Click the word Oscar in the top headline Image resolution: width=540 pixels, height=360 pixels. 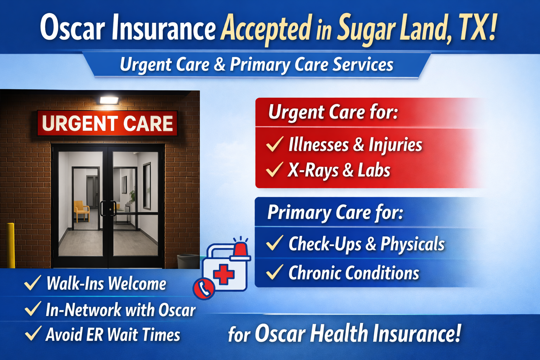click(72, 27)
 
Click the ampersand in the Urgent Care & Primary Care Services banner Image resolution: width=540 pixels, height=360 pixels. click(219, 64)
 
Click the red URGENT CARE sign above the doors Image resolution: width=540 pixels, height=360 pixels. click(107, 123)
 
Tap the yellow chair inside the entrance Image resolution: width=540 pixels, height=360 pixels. click(81, 211)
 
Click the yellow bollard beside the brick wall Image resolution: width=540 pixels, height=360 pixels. click(11, 245)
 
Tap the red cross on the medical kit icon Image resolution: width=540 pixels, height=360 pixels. click(224, 275)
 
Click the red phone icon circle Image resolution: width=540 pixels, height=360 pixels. click(204, 289)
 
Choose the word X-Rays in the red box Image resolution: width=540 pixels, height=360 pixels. click(313, 170)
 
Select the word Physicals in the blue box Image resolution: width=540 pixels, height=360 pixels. click(412, 244)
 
